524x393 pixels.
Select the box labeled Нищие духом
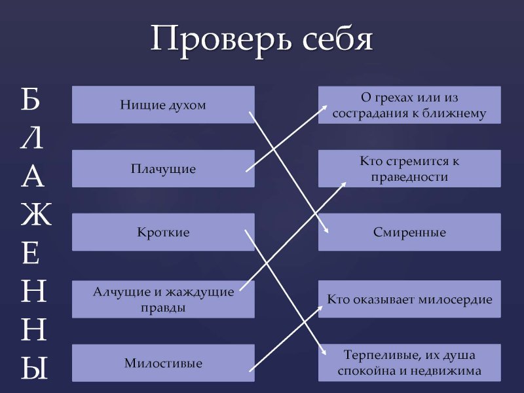163,105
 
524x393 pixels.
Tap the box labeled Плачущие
163,169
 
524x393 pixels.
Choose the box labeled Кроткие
163,233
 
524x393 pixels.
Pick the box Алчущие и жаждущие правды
163,299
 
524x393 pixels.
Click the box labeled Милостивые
163,363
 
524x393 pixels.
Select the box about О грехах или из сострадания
409,105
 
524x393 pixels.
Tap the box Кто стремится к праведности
409,169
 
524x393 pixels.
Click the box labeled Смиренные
409,233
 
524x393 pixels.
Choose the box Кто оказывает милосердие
409,299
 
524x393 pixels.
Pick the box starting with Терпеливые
409,363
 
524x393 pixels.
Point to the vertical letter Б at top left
31,98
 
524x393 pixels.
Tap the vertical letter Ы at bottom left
35,369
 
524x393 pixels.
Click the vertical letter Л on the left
32,138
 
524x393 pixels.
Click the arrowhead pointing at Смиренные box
326,230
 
